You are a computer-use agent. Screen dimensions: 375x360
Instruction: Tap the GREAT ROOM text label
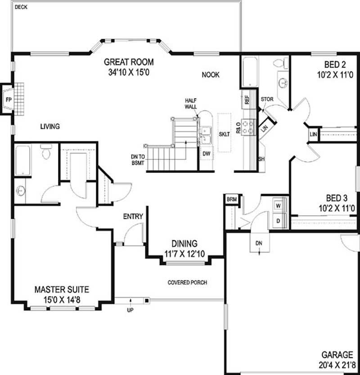[x=129, y=62]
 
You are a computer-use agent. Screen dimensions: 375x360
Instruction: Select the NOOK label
[x=211, y=75]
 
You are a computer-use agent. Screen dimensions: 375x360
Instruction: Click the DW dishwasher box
[x=207, y=154]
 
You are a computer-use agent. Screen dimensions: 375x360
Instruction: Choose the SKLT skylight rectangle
[x=224, y=134]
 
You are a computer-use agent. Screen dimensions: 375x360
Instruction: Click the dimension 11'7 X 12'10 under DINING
[x=184, y=254]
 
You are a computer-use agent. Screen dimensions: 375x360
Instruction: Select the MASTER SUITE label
[x=62, y=289]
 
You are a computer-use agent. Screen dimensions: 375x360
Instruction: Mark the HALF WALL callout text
[x=191, y=104]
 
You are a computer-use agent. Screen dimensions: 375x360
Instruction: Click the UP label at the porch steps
[x=130, y=310]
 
